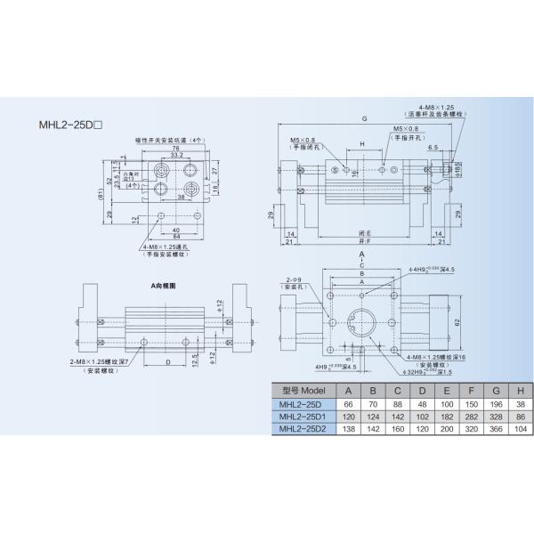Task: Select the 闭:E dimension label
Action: (x=362, y=231)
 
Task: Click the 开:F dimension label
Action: (x=362, y=241)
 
